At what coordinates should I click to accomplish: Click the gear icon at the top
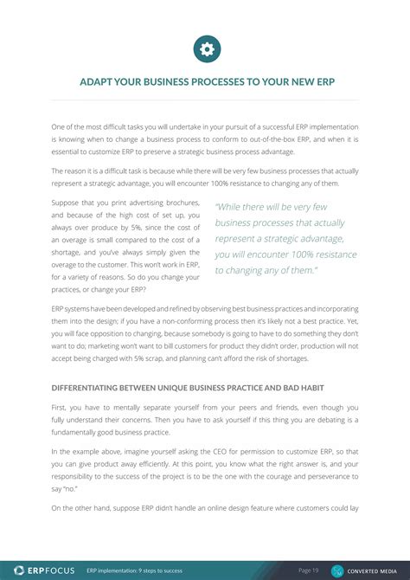pyautogui.click(x=207, y=49)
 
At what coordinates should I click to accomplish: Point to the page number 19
pyautogui.click(x=315, y=570)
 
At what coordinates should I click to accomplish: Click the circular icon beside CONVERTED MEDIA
pyautogui.click(x=337, y=570)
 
